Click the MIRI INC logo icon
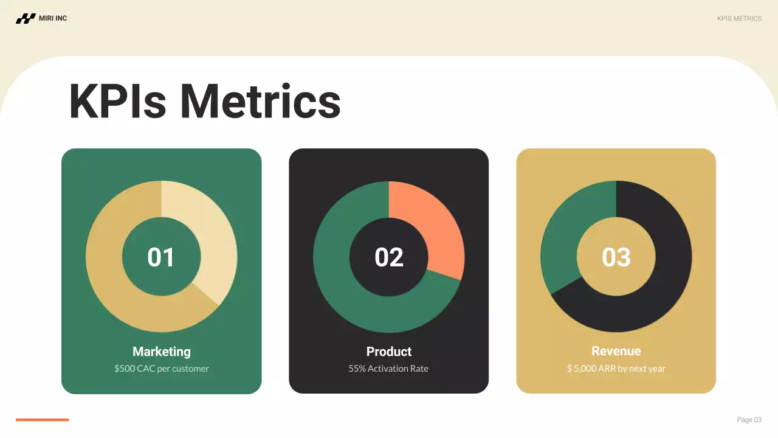[26, 19]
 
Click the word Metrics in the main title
[260, 101]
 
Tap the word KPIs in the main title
[117, 101]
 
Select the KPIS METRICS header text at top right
[739, 19]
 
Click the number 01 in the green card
[161, 257]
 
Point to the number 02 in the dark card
[389, 257]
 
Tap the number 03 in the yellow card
[616, 257]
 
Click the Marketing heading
[162, 352]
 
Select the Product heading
[389, 352]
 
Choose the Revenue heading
[616, 352]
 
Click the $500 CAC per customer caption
[162, 369]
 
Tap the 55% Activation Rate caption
[388, 369]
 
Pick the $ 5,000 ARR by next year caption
[616, 369]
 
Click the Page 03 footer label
[749, 420]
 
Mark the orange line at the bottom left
[42, 420]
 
